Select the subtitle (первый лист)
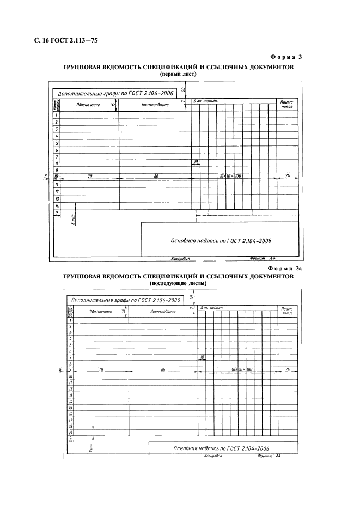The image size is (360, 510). click(x=179, y=74)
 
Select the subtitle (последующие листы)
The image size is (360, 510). click(x=179, y=283)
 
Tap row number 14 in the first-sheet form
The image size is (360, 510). click(x=57, y=207)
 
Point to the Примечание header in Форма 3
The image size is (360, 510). click(x=287, y=104)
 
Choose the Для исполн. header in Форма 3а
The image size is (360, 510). click(x=212, y=308)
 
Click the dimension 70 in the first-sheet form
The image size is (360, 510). click(x=89, y=177)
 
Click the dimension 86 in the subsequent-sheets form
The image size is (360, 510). click(x=163, y=369)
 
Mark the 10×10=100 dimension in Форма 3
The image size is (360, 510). click(x=231, y=177)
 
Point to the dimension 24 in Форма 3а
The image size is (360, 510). click(x=288, y=369)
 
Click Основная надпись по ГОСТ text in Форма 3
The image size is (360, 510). click(x=221, y=240)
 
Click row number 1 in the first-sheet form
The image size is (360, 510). click(x=57, y=115)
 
